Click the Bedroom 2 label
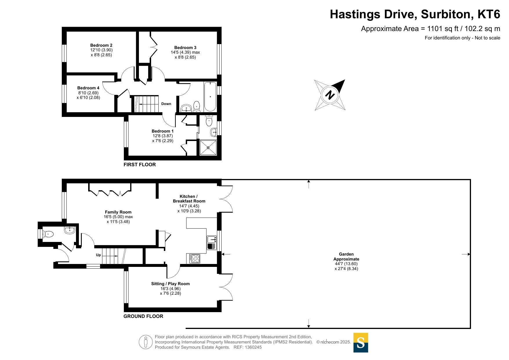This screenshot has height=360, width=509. [x=101, y=45]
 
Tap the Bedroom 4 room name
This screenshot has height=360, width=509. [x=88, y=88]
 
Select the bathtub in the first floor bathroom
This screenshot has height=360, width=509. [x=210, y=97]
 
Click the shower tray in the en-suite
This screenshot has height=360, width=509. [x=208, y=148]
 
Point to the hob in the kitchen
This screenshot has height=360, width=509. [x=195, y=258]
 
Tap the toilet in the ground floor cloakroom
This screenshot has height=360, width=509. [x=48, y=234]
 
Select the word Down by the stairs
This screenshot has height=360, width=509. [x=166, y=104]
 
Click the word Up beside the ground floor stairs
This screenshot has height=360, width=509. [x=98, y=255]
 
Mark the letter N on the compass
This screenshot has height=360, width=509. [x=330, y=95]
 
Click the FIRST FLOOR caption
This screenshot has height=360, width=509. [x=140, y=164]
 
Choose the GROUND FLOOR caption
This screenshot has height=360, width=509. [x=143, y=316]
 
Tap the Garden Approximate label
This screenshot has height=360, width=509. [x=346, y=256]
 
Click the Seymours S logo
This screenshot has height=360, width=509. [x=361, y=343]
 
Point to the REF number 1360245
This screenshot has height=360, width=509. [x=253, y=347]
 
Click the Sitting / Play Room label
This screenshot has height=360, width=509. [x=170, y=284]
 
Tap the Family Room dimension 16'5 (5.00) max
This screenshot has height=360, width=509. [x=118, y=217]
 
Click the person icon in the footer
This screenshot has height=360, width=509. [x=146, y=342]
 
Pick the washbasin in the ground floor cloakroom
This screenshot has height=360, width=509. [x=70, y=230]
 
